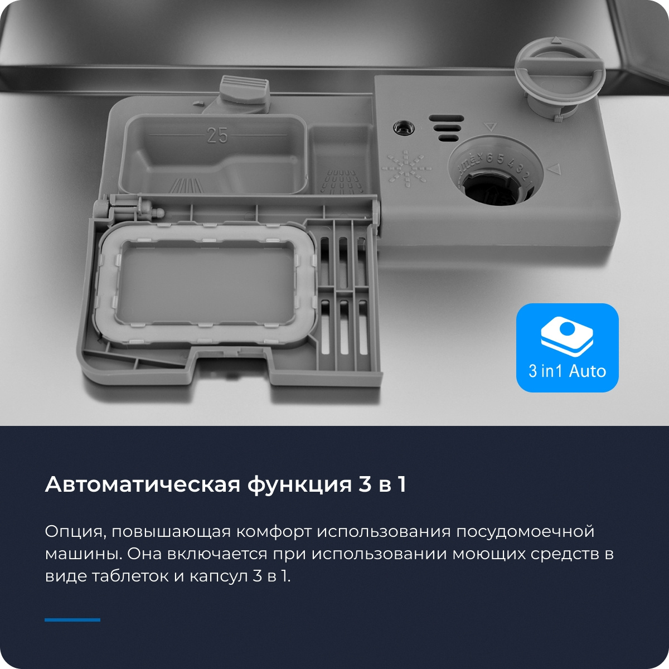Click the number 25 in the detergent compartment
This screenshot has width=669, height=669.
click(x=217, y=135)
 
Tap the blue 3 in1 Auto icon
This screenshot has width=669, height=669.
click(x=567, y=347)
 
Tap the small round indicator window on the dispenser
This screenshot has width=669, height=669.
click(x=403, y=127)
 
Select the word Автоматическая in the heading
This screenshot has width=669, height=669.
click(x=142, y=484)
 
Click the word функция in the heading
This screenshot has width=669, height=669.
click(x=299, y=486)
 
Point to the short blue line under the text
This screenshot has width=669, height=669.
click(x=72, y=620)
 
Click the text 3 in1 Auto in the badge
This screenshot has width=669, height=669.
click(x=568, y=371)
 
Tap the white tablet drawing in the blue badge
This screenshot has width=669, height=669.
click(x=567, y=336)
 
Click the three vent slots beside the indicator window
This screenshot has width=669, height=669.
click(x=447, y=128)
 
